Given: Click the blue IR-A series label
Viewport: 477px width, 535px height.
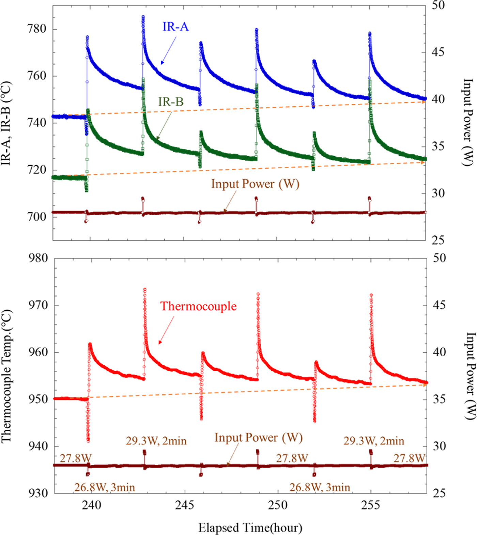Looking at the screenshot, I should tap(175, 27).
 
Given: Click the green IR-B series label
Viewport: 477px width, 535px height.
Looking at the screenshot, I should tap(171, 101).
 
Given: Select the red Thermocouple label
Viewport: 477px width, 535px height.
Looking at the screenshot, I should tap(198, 306).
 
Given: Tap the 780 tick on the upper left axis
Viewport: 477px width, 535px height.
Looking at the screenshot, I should tap(37, 29).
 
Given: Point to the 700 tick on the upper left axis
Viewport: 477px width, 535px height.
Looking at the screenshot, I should tap(37, 217).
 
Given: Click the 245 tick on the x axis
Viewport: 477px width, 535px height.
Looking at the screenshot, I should tap(185, 505).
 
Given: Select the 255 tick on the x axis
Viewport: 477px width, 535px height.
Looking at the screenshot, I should tap(370, 505).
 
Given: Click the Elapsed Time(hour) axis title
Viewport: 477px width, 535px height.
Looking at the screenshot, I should tap(250, 528).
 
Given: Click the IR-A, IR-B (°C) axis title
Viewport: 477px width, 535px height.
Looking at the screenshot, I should tap(6, 123).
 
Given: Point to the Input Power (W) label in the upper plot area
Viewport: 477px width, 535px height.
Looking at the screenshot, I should tap(255, 184).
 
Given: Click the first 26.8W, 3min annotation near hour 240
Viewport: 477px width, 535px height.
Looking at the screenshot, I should tap(105, 487).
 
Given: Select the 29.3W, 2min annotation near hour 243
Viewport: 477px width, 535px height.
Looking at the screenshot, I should tap(156, 441).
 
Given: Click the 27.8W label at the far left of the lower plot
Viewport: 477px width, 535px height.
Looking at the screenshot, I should tap(76, 458).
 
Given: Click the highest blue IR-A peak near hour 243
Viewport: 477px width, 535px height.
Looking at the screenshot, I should tap(143, 17).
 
